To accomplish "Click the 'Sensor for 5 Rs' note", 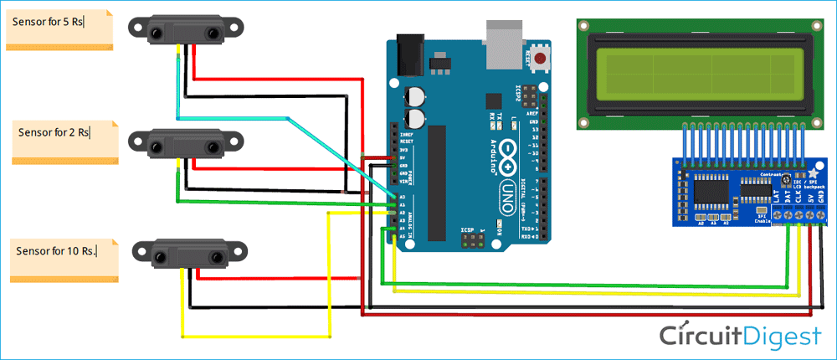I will pos(59,29).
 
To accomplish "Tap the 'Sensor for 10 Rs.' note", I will pos(64,260).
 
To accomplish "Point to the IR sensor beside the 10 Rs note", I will pos(191,253).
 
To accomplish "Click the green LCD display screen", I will pos(696,74).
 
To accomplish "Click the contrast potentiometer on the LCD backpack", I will pos(786,180).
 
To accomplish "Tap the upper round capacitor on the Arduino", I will pos(413,96).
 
